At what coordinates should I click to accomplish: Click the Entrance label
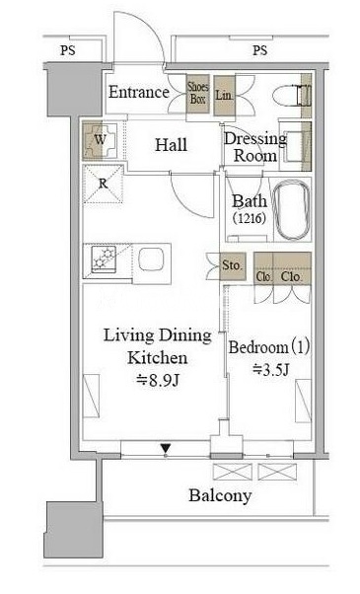pyautogui.click(x=138, y=92)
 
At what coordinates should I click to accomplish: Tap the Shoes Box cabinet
pyautogui.click(x=198, y=94)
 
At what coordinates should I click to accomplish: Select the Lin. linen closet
pyautogui.click(x=224, y=96)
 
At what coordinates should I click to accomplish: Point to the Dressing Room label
pyautogui.click(x=254, y=147)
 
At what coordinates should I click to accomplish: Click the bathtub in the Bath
pyautogui.click(x=292, y=211)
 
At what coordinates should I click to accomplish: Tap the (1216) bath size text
pyautogui.click(x=250, y=218)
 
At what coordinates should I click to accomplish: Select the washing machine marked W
pyautogui.click(x=101, y=140)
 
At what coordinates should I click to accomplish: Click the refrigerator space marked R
pyautogui.click(x=103, y=185)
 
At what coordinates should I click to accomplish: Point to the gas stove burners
pyautogui.click(x=105, y=258)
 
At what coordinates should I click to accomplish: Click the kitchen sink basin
pyautogui.click(x=151, y=260)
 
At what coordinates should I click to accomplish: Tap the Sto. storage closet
pyautogui.click(x=233, y=266)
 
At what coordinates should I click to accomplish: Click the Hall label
pyautogui.click(x=171, y=145)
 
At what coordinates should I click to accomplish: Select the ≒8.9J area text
pyautogui.click(x=158, y=380)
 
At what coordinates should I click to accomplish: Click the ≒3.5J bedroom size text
pyautogui.click(x=270, y=369)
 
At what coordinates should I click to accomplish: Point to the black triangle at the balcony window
pyautogui.click(x=166, y=449)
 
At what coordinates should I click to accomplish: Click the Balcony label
pyautogui.click(x=220, y=495)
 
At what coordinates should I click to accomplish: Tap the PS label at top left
pyautogui.click(x=68, y=50)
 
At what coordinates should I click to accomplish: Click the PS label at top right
pyautogui.click(x=259, y=50)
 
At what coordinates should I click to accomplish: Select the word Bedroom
pyautogui.click(x=258, y=347)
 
